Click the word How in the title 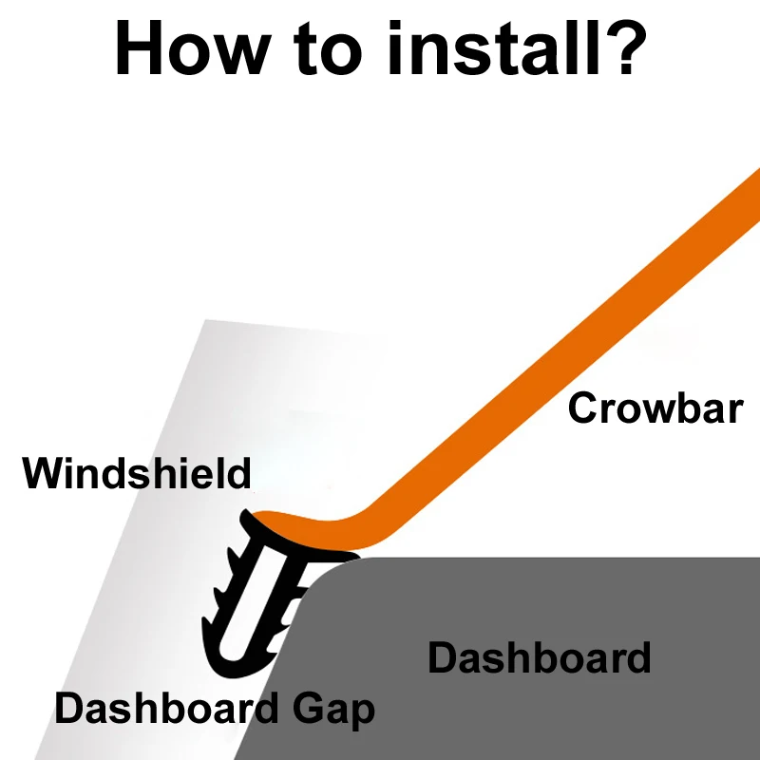coord(192,48)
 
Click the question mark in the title coord(624,47)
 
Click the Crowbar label coord(655,408)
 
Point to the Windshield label coord(137,472)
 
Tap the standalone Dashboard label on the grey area coord(539,657)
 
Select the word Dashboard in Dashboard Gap coord(166,708)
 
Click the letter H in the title coord(138,48)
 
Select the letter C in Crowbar coord(583,408)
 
